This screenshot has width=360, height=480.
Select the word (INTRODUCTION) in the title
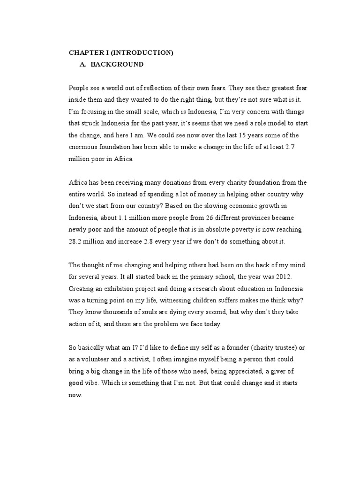click(143, 53)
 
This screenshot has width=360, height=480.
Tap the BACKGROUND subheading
click(117, 64)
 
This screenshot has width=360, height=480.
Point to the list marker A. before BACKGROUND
click(83, 64)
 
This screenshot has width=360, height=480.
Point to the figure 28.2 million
click(77, 242)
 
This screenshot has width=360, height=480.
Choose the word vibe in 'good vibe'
click(95, 383)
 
